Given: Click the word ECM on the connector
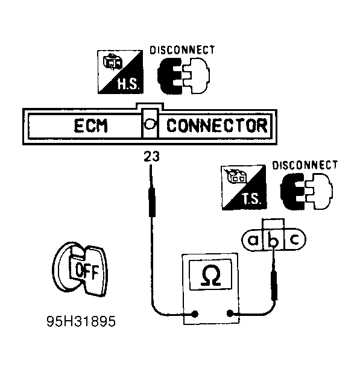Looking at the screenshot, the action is click(90, 126).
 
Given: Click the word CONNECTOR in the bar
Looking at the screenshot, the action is click(217, 126).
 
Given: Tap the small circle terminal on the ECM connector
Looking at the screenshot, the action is click(150, 124).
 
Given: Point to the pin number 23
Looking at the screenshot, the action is click(151, 156).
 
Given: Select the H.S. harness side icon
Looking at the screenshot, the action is click(121, 72).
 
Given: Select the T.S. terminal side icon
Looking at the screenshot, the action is click(244, 188).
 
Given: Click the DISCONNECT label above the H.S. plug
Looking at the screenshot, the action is click(182, 50).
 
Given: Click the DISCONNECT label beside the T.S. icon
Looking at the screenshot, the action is click(305, 165).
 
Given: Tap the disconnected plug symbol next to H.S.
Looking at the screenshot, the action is click(183, 76).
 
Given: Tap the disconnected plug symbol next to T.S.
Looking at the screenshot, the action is click(306, 191).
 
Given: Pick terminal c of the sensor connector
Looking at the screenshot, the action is click(295, 239).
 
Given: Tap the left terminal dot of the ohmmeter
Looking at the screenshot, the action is click(195, 314).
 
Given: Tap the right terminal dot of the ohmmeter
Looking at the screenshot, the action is click(230, 314).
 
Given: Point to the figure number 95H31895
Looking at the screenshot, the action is click(81, 321).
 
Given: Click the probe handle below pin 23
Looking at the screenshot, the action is click(152, 202).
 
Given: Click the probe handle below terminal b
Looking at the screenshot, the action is click(274, 285).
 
